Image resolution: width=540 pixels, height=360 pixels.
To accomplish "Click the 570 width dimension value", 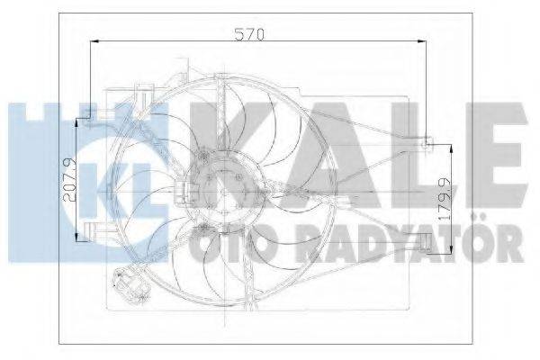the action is (x=249, y=34).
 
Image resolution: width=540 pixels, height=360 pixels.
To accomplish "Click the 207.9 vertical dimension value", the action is (x=70, y=179).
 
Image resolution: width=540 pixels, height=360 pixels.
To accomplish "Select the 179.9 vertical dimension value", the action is (x=445, y=200).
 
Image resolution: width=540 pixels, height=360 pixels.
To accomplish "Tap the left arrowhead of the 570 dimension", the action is (x=94, y=41).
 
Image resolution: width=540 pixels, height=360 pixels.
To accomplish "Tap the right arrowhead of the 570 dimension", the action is (x=422, y=41).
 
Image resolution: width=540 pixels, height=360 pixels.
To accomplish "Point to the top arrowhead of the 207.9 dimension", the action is (x=76, y=123).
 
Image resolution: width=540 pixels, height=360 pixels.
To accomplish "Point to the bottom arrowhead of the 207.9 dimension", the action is (x=76, y=237).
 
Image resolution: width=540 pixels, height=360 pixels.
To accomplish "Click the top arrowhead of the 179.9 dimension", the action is (x=452, y=148).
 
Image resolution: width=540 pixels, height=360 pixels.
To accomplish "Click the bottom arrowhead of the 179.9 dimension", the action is (x=452, y=248).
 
